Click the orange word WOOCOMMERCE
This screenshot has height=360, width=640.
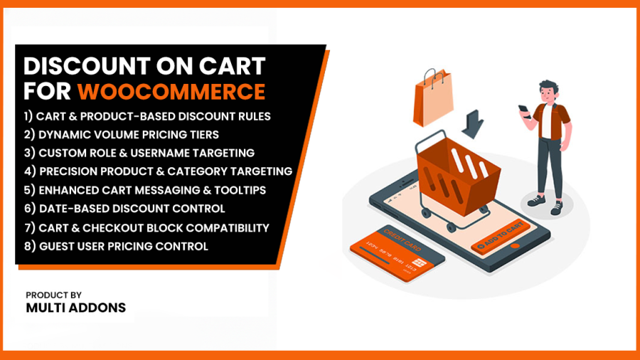171,91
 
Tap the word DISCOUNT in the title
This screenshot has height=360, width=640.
87,66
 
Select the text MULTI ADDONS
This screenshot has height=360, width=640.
76,308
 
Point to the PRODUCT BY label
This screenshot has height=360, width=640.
53,295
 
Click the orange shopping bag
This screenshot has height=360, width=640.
432,98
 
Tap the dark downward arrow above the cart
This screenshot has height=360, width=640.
473,124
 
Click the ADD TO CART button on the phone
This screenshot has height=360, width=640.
501,237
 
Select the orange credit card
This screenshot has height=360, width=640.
397,253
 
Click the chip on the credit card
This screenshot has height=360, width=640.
419,263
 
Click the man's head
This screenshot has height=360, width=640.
548,92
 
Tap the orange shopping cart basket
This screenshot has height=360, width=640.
458,176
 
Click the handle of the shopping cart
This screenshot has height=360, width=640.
429,138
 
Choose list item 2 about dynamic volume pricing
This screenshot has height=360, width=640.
121,134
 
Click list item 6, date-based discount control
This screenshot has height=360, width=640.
124,208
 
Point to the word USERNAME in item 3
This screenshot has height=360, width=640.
159,153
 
